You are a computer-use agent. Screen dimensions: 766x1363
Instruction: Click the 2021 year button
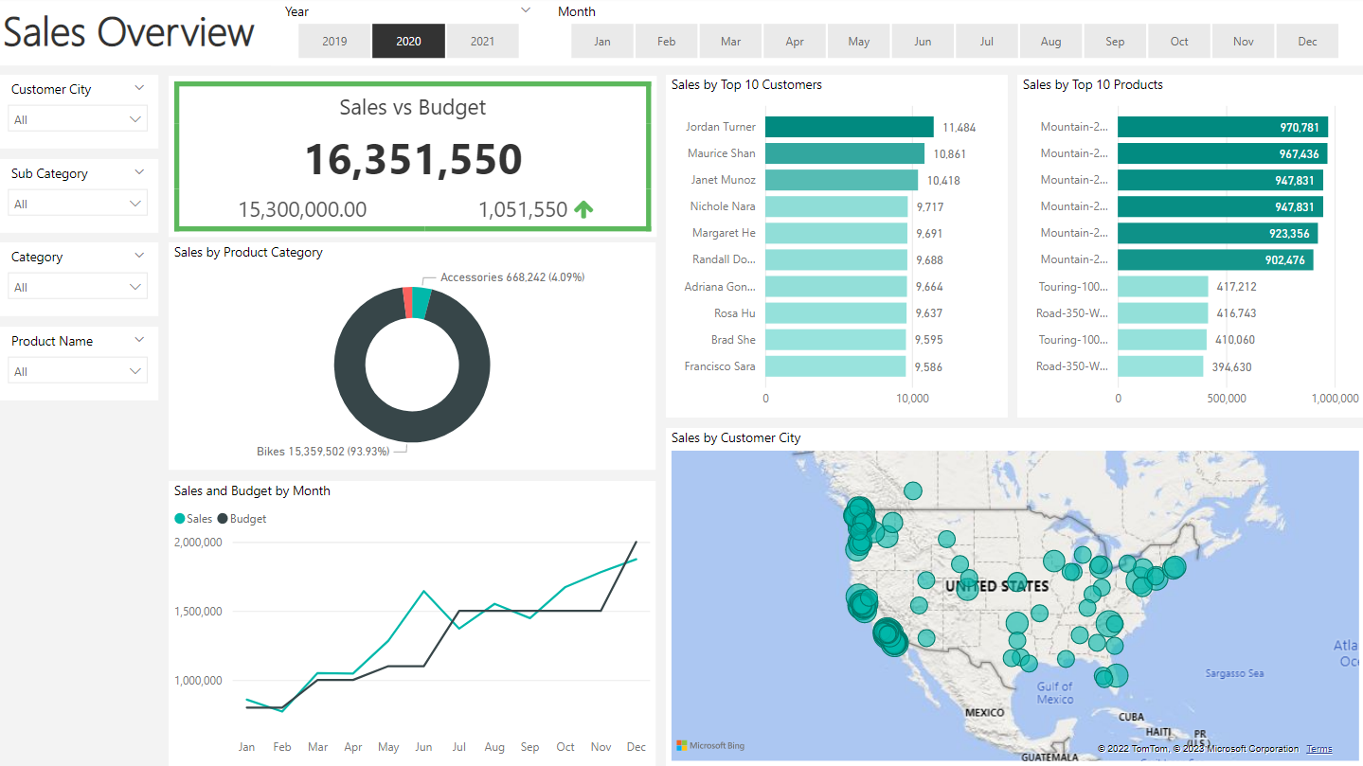pyautogui.click(x=482, y=42)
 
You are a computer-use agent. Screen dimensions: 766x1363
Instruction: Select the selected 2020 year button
pyautogui.click(x=408, y=42)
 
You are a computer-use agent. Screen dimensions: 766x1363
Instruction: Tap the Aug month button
pyautogui.click(x=1050, y=42)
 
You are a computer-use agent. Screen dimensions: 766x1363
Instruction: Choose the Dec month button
pyautogui.click(x=1307, y=42)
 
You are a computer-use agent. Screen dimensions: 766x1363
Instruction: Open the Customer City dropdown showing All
pyautogui.click(x=78, y=119)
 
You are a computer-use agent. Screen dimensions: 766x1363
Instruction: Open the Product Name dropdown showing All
pyautogui.click(x=78, y=371)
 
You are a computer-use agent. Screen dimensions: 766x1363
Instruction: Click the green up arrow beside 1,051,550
pyautogui.click(x=583, y=209)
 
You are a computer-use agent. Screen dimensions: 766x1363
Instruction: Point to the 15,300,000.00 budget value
pyautogui.click(x=302, y=209)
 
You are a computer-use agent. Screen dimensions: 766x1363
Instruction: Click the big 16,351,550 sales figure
pyautogui.click(x=413, y=159)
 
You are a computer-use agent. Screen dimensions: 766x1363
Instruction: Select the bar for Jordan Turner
pyautogui.click(x=849, y=127)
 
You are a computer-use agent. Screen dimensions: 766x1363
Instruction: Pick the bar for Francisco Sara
pyautogui.click(x=835, y=365)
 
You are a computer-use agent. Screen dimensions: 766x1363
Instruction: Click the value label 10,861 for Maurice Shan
pyautogui.click(x=949, y=153)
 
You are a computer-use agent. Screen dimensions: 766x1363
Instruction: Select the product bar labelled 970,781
pyautogui.click(x=1222, y=127)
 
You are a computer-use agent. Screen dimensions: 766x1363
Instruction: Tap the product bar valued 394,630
pyautogui.click(x=1160, y=366)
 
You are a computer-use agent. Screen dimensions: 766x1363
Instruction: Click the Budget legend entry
pyautogui.click(x=242, y=519)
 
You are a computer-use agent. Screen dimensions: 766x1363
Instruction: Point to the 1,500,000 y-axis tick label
pyautogui.click(x=198, y=611)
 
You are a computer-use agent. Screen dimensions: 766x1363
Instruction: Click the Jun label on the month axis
pyautogui.click(x=423, y=747)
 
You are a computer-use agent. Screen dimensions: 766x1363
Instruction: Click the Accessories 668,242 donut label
pyautogui.click(x=511, y=277)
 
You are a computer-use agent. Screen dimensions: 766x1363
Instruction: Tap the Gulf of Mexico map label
pyautogui.click(x=1054, y=693)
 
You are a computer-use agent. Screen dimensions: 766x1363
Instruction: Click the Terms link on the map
pyautogui.click(x=1318, y=749)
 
